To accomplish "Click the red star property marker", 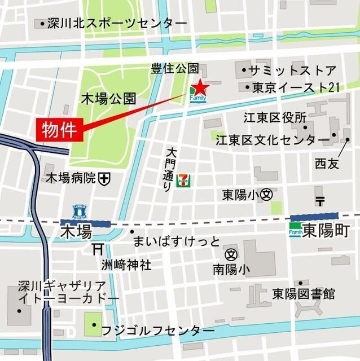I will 200,87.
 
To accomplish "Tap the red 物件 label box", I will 60,129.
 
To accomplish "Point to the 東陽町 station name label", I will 326,231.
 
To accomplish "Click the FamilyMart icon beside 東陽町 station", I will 296,231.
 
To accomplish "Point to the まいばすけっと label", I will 176,242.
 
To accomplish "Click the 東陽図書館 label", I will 303,294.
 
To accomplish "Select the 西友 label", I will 327,164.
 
